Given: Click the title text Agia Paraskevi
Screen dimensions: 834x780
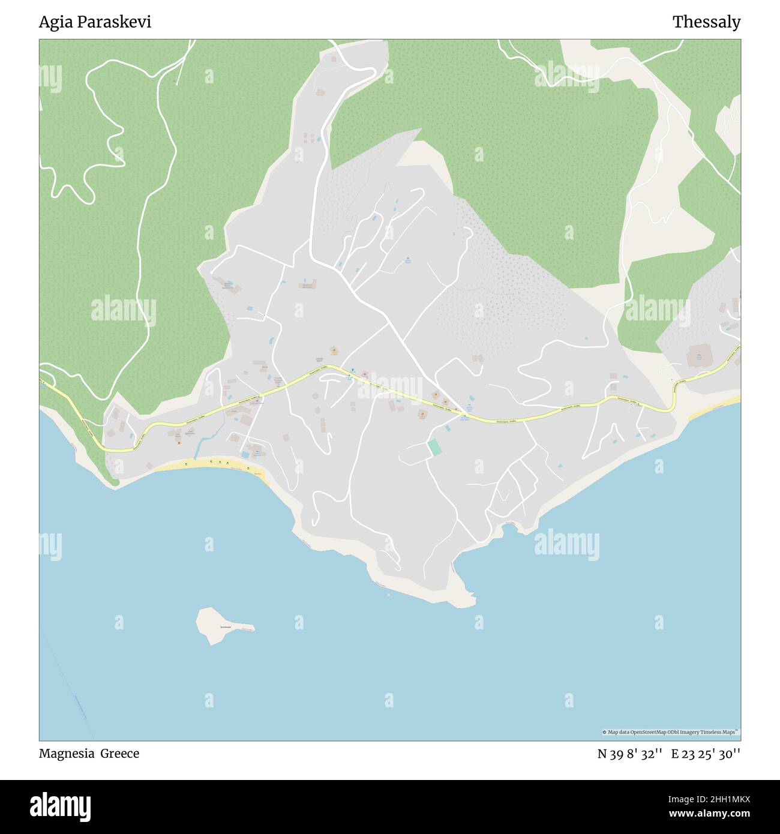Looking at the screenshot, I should pos(95,22).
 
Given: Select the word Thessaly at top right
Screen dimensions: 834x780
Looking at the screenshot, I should pos(706,22).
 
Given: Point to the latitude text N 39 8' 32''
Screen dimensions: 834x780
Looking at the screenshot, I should pos(629,754).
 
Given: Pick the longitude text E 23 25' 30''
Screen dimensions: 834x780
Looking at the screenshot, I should pos(706,754).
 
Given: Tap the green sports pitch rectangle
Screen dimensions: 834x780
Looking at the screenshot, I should pos(434,448).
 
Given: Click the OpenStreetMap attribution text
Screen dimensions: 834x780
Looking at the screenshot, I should pos(670,732).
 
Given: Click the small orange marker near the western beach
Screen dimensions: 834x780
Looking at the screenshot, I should pos(179,443).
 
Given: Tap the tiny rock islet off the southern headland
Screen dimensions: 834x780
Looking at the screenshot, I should pos(388,595).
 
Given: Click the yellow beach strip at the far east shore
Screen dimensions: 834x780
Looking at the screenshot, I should pos(714,410).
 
